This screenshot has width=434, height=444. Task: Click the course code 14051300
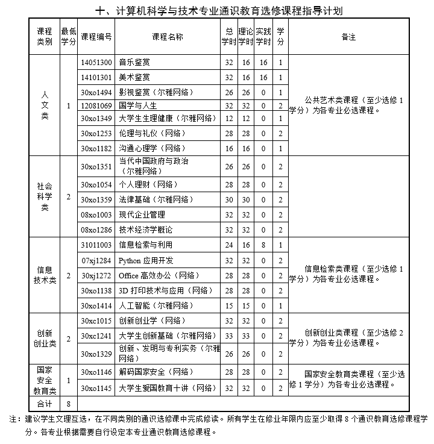click(96, 62)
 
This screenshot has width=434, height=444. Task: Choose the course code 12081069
click(96, 105)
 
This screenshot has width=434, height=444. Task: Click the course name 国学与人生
click(138, 105)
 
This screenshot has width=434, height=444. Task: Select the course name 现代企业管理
click(142, 214)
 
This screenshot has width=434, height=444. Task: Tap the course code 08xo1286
click(96, 230)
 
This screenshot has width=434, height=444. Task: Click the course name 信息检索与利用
click(145, 245)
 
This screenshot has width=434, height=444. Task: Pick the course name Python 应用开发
click(146, 260)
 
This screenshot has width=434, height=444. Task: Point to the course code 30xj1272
click(96, 275)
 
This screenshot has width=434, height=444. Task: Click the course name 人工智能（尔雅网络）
click(158, 305)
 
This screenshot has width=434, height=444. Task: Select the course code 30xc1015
click(96, 320)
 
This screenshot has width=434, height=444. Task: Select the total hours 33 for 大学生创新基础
click(228, 336)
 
